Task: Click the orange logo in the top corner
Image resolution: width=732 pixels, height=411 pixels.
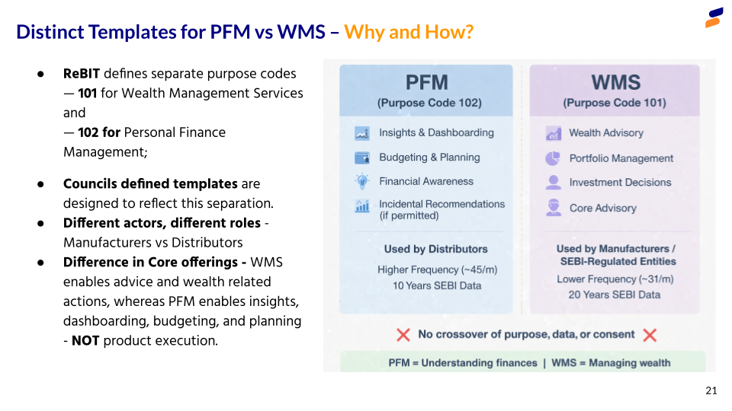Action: click(714, 18)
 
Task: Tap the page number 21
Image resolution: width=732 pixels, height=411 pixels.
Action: click(711, 390)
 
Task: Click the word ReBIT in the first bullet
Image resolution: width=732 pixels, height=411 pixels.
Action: click(82, 74)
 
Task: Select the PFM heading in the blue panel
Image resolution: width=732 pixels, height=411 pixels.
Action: click(426, 83)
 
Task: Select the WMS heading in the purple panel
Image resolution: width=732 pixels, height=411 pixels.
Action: click(615, 83)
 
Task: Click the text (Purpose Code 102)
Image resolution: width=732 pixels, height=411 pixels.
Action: click(429, 103)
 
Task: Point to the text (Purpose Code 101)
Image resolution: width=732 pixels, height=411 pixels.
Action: click(615, 103)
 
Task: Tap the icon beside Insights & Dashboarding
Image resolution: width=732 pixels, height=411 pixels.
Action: click(362, 133)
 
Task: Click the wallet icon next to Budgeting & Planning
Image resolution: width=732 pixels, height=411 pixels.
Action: click(362, 158)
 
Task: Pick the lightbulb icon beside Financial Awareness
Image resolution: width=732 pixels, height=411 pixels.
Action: click(362, 181)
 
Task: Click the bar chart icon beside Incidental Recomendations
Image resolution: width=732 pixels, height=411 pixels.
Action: click(362, 206)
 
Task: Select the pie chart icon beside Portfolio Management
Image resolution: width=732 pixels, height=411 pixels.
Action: click(553, 158)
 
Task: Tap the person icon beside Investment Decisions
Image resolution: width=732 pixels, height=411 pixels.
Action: click(553, 183)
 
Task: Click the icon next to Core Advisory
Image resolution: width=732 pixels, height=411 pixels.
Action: click(554, 208)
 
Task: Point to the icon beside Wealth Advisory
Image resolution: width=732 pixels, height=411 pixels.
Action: click(553, 133)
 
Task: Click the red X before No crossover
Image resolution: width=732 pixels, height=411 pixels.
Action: click(403, 335)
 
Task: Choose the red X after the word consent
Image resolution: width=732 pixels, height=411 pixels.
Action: click(650, 335)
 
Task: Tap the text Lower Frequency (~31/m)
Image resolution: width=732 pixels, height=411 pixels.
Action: click(615, 279)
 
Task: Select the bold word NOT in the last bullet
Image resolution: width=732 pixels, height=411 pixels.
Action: click(85, 341)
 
